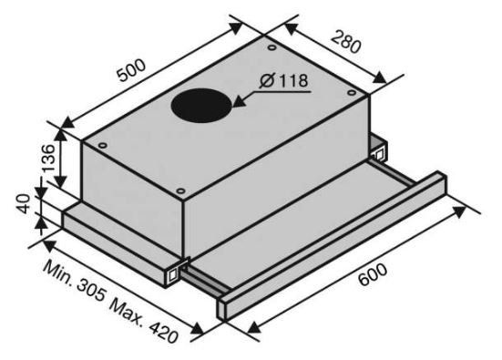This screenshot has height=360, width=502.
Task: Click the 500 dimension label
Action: [131, 70]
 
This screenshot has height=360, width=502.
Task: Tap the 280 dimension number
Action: [346, 42]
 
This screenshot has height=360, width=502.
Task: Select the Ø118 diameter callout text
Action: [284, 80]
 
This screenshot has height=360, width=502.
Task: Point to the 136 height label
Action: [48, 159]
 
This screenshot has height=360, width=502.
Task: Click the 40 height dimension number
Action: [24, 204]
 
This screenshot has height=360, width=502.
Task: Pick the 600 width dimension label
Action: [373, 274]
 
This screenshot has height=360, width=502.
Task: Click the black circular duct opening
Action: [201, 106]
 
